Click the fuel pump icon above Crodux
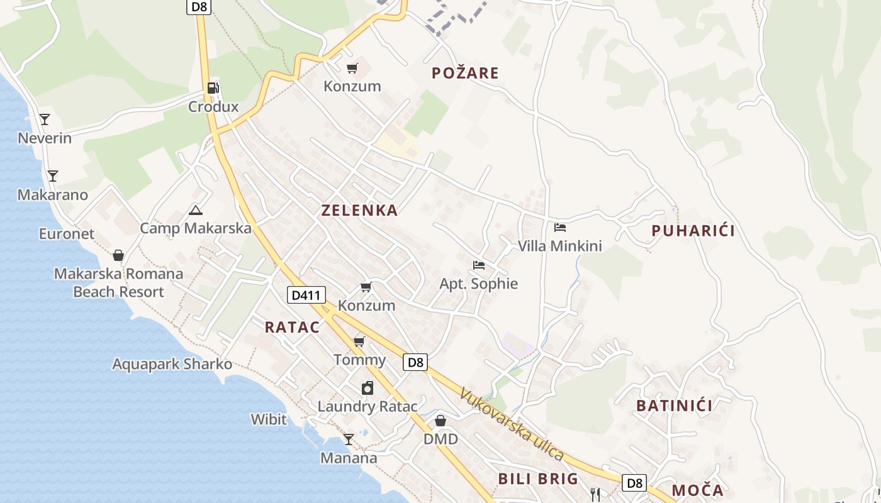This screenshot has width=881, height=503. click(213, 88)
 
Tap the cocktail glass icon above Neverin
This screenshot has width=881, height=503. click(45, 119)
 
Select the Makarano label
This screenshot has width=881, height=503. click(53, 195)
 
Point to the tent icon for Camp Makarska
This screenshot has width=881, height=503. click(196, 211)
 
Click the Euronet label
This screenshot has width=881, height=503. click(67, 234)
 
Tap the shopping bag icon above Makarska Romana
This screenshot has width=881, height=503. click(118, 255)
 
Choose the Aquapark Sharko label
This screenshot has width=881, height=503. click(172, 364)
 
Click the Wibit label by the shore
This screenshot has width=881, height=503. click(269, 419)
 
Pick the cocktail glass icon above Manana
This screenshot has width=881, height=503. click(349, 439)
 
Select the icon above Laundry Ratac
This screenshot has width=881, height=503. click(367, 388)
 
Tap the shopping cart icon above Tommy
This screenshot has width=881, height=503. click(359, 341)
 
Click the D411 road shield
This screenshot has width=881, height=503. click(306, 294)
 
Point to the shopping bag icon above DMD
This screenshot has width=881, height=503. click(441, 420)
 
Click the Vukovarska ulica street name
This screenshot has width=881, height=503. click(511, 424)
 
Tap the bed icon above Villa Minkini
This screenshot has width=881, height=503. click(560, 227)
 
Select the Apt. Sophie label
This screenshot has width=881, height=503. click(479, 284)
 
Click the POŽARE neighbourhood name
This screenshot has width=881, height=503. click(465, 73)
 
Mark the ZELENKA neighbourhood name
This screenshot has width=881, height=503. click(359, 211)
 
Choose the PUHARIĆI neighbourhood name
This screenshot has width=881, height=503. click(693, 231)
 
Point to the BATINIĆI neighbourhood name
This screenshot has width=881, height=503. click(674, 406)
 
